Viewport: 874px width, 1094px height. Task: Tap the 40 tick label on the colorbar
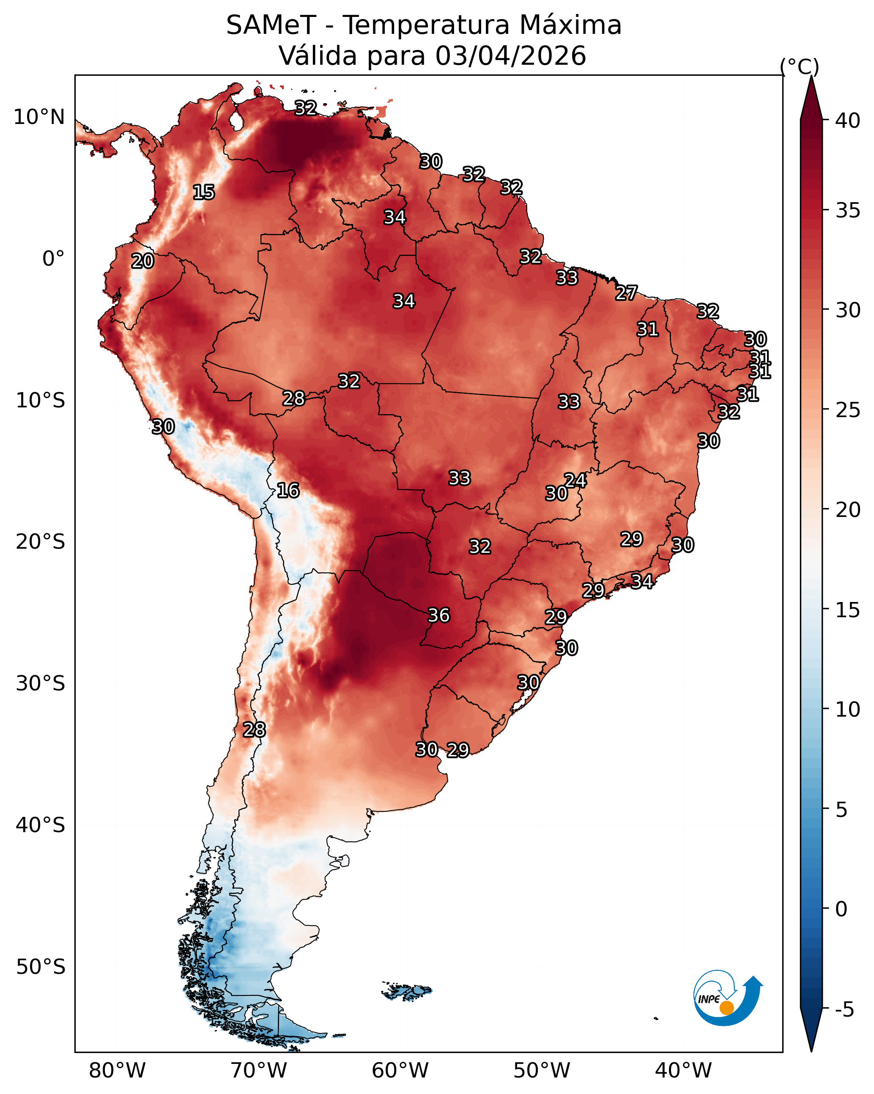click(848, 121)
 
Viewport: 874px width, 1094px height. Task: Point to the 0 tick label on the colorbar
click(841, 909)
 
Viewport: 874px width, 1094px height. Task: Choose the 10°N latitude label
click(39, 117)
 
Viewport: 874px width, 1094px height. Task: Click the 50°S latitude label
click(41, 967)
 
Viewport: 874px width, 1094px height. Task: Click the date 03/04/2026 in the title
click(511, 56)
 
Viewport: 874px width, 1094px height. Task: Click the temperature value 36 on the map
click(439, 616)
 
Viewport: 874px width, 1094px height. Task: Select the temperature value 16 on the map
click(288, 491)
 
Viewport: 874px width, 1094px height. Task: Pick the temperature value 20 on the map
click(142, 261)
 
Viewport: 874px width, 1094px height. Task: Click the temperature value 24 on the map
click(575, 481)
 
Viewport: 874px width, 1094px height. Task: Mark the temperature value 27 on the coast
click(627, 293)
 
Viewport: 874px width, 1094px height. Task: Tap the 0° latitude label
click(54, 259)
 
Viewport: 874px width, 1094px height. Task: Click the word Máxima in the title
click(571, 25)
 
